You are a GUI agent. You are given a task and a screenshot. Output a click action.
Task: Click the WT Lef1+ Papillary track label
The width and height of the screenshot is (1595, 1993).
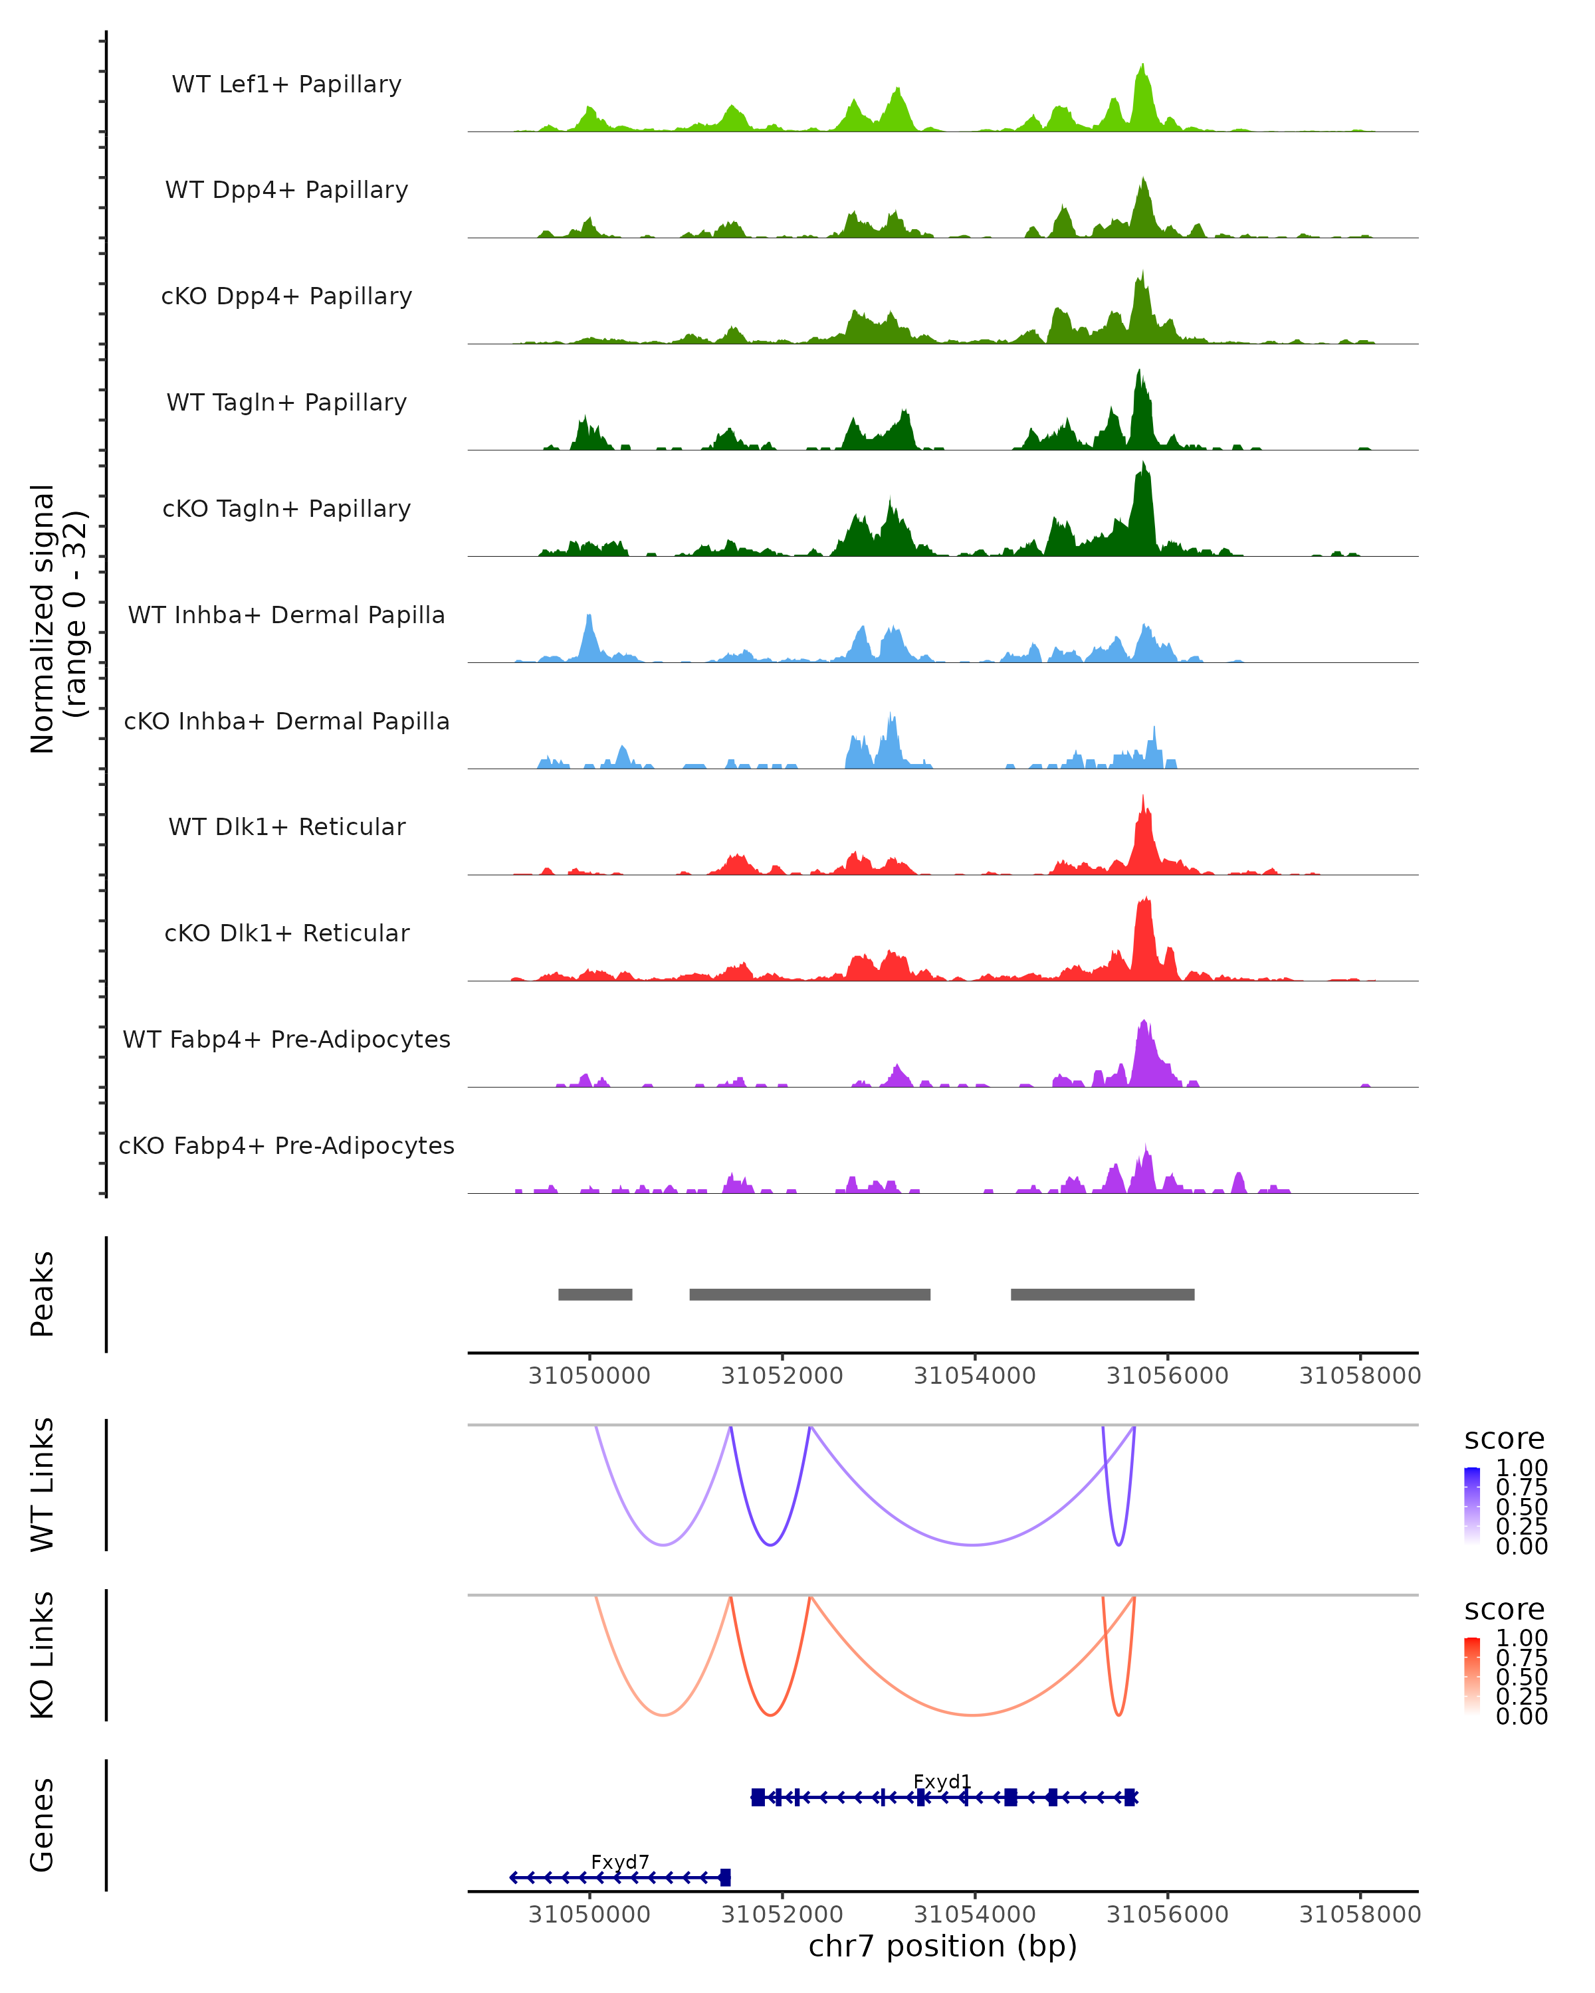286,84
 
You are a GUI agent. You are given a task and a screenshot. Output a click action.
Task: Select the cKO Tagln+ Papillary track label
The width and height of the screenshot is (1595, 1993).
286,508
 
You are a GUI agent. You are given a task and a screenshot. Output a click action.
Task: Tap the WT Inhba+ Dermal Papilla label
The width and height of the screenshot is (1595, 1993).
286,615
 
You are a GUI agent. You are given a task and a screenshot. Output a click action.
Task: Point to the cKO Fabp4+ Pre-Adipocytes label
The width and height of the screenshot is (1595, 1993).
286,1145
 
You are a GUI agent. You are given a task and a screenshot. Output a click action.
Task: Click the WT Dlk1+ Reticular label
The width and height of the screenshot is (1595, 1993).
286,826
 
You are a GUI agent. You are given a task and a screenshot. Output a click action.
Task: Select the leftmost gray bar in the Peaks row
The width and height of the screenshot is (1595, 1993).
595,1294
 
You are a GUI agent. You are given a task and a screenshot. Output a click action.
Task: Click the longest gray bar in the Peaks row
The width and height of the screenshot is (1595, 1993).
810,1294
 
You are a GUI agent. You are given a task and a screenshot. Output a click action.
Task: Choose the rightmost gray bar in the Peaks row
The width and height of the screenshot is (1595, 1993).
1102,1294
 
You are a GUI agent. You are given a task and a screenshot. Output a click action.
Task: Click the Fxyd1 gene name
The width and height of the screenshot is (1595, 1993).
942,1781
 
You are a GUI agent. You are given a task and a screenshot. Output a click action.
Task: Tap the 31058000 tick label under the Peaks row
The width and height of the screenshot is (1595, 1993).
1359,1376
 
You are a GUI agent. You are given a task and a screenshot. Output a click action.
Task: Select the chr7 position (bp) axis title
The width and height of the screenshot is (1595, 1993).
942,1946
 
